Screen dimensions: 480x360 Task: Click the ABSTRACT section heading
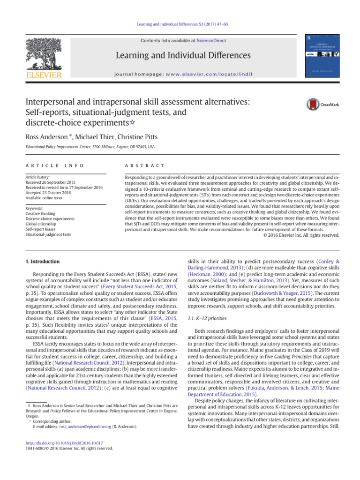tap(142, 166)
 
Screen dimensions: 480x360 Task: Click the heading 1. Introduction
tap(42, 261)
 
